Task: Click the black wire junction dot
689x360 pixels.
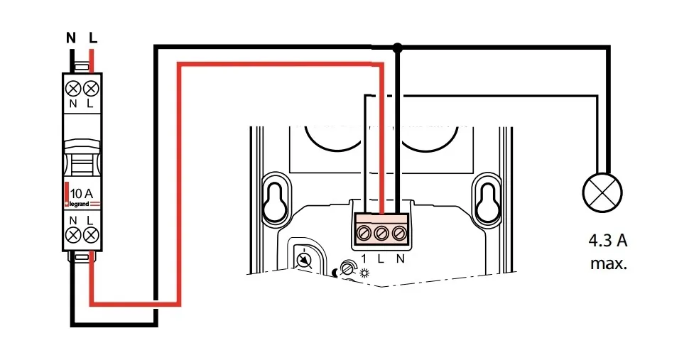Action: pos(398,48)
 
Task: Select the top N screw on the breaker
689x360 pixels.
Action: pos(72,89)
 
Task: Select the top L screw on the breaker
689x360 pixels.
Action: pos(90,89)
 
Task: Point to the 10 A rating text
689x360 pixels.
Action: pos(82,192)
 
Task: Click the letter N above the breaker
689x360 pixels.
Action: pos(71,38)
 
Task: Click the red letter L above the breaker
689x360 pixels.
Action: pos(92,38)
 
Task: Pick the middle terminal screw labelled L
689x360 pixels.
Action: pos(382,232)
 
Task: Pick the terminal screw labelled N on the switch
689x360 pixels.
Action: pos(399,232)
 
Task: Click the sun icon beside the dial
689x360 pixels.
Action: pos(365,273)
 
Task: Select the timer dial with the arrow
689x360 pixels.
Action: pos(303,260)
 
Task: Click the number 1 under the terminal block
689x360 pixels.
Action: pos(364,258)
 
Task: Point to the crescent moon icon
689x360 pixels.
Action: pos(335,271)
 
